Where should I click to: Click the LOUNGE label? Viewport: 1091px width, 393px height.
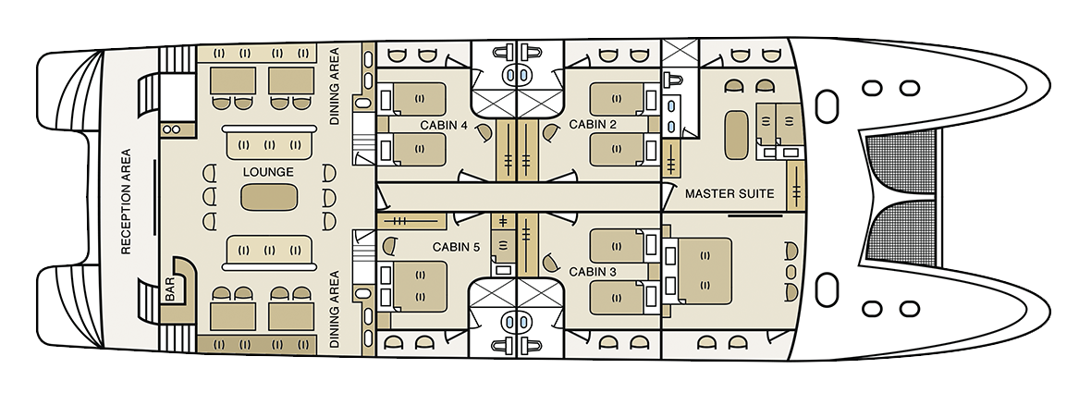pos(268,172)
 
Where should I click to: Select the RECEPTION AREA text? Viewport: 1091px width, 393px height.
pos(126,202)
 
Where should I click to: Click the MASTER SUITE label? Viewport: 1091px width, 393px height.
pos(729,193)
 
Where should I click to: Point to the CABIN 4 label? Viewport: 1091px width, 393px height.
pos(443,125)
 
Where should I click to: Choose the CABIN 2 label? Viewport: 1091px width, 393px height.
pos(593,124)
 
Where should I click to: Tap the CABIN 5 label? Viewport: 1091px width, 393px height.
pos(456,246)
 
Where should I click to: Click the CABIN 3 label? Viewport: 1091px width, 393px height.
pos(593,272)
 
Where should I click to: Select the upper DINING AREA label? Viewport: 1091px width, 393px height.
pos(334,86)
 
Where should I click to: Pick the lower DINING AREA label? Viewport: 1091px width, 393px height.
pos(334,309)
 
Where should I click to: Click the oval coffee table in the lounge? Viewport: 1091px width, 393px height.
pos(269,197)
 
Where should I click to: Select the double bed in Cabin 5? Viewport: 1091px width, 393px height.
pos(418,286)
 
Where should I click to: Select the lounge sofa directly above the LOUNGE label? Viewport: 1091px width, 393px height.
pos(269,143)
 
